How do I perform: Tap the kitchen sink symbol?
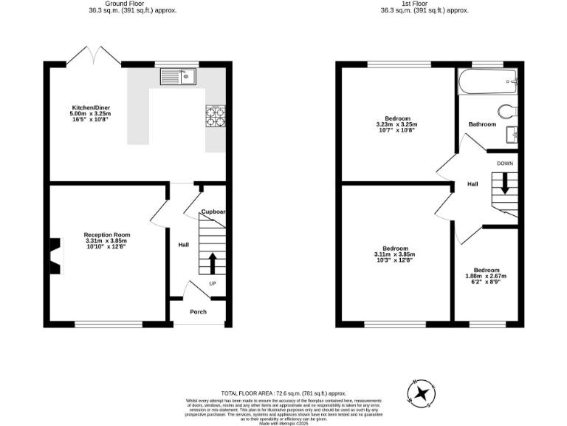(176, 75)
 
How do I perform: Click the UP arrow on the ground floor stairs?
(213, 263)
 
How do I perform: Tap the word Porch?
(198, 311)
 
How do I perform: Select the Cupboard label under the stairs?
(213, 212)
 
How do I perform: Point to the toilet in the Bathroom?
(507, 112)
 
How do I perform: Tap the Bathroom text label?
(482, 124)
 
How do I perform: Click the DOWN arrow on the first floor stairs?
(505, 183)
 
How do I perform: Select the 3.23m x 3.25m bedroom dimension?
(396, 124)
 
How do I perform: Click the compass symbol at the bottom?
(421, 393)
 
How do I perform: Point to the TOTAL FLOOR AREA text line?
(283, 393)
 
